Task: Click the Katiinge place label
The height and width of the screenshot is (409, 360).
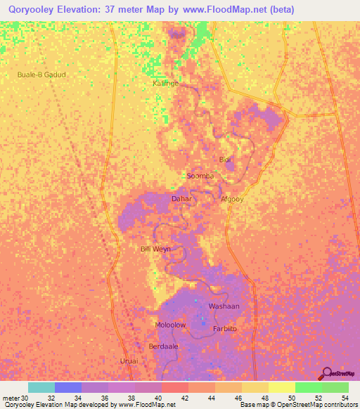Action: [166, 83]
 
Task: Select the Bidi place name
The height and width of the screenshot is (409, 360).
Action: [225, 160]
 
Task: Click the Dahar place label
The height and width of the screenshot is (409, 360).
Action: [181, 199]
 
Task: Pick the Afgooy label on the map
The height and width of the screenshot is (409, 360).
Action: [232, 199]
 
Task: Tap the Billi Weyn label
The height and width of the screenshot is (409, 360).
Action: [155, 249]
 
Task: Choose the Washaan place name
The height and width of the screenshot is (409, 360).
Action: [224, 306]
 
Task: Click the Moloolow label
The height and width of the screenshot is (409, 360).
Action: [170, 325]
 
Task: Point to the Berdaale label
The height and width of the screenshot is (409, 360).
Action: [162, 346]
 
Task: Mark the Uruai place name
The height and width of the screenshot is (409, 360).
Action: [129, 361]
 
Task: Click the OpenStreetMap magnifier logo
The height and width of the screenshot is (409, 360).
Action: [326, 373]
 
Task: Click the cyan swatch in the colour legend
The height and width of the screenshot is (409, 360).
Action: [41, 387]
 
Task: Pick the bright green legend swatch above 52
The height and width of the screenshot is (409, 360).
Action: [308, 387]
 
